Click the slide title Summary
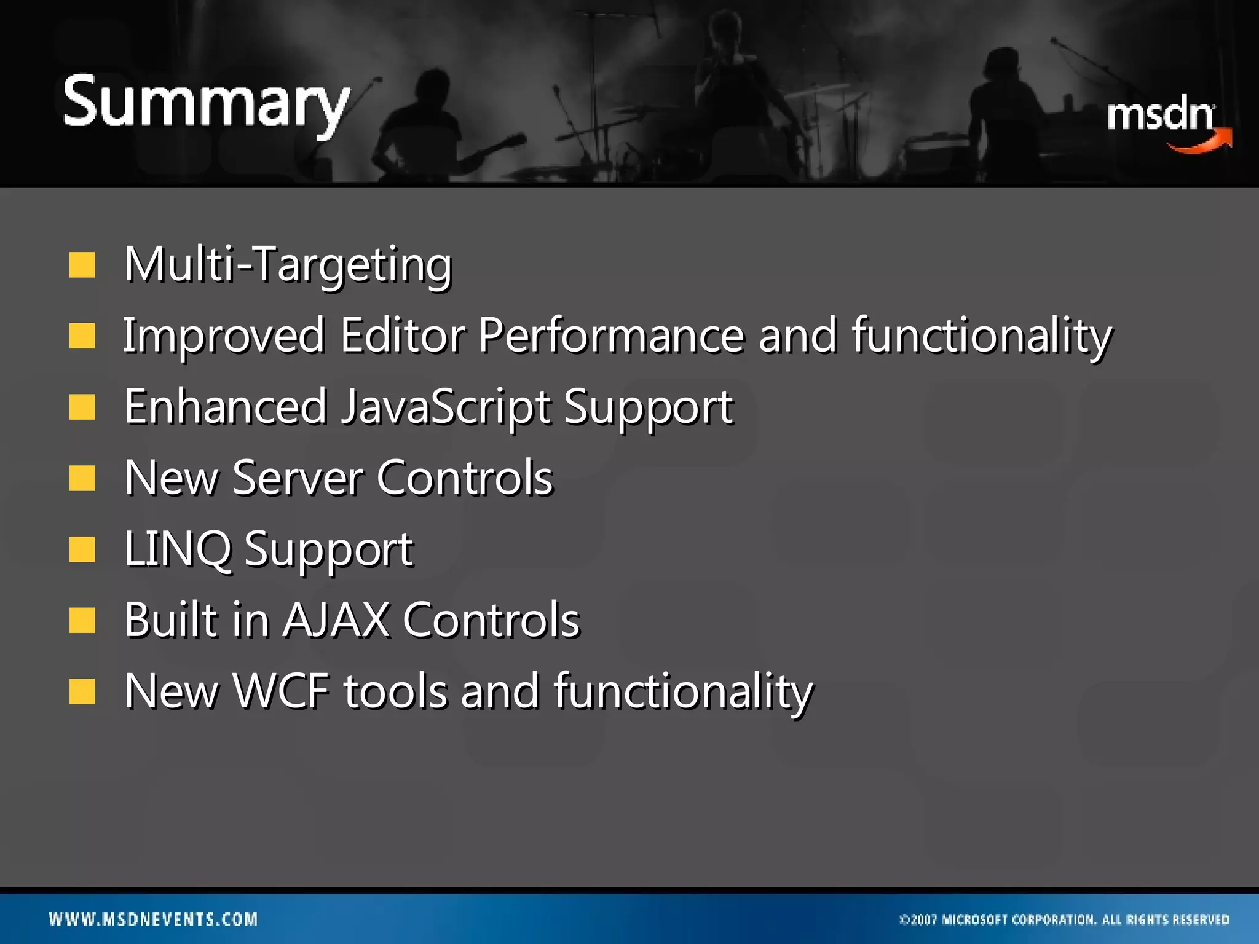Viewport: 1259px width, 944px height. (x=206, y=103)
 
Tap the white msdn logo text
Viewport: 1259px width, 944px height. (x=1159, y=116)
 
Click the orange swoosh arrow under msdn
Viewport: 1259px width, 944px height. (x=1202, y=143)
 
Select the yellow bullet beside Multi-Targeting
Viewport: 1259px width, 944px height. (x=82, y=265)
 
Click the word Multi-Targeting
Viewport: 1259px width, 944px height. (x=288, y=264)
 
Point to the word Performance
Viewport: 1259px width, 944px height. (x=611, y=336)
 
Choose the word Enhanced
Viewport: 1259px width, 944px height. (x=225, y=407)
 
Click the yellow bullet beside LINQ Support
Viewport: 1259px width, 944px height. (x=82, y=549)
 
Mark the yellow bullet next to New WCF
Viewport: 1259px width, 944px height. (x=82, y=691)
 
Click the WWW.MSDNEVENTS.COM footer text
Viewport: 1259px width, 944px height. (x=153, y=919)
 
